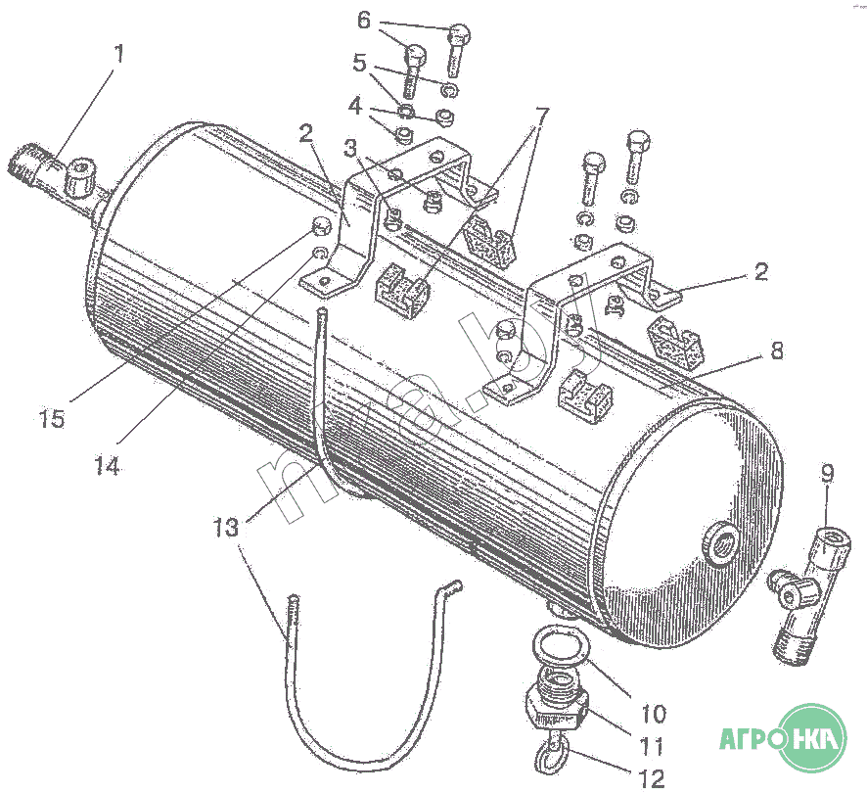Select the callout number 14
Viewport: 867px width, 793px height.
tap(107, 467)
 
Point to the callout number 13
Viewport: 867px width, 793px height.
tap(225, 528)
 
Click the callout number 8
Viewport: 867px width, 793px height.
tap(776, 351)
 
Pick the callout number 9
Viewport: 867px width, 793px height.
tap(827, 476)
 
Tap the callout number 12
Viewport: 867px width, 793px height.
tap(651, 778)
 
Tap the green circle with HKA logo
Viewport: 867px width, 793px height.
tap(811, 736)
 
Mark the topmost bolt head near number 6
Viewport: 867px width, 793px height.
tap(460, 35)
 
